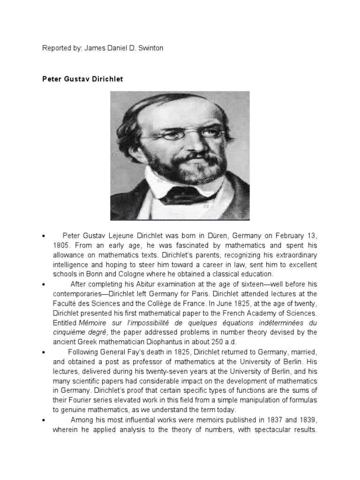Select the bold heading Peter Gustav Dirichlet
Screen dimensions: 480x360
point(82,79)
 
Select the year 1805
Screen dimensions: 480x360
point(62,245)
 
